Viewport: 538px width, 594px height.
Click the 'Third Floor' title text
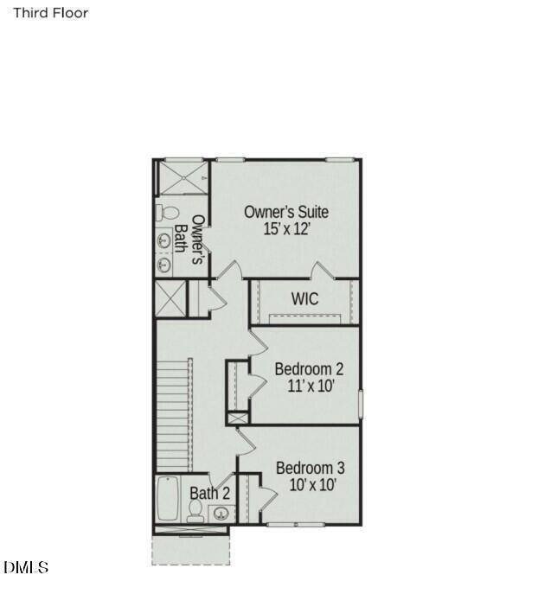pyautogui.click(x=50, y=13)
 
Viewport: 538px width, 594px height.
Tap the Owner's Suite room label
pyautogui.click(x=285, y=212)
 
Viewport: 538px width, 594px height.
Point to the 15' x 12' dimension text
pyautogui.click(x=286, y=230)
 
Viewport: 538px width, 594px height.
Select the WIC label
pyautogui.click(x=304, y=299)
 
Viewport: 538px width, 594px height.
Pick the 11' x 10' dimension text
pyautogui.click(x=311, y=386)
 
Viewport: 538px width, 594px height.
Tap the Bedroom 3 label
pyautogui.click(x=311, y=468)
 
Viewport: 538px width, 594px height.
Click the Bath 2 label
pyautogui.click(x=210, y=493)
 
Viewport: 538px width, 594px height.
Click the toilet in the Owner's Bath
pyautogui.click(x=168, y=212)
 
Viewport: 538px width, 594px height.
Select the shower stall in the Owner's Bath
pyautogui.click(x=182, y=179)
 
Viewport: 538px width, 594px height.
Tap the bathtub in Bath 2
pyautogui.click(x=168, y=499)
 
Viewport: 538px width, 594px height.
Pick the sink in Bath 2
pyautogui.click(x=222, y=513)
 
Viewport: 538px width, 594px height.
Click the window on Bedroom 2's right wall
pyautogui.click(x=360, y=403)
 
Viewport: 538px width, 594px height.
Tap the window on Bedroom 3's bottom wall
pyautogui.click(x=296, y=524)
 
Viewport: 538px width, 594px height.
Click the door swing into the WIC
pyautogui.click(x=322, y=271)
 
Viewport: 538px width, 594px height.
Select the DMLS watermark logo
pyautogui.click(x=26, y=567)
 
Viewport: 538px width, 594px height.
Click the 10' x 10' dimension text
pyautogui.click(x=311, y=485)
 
